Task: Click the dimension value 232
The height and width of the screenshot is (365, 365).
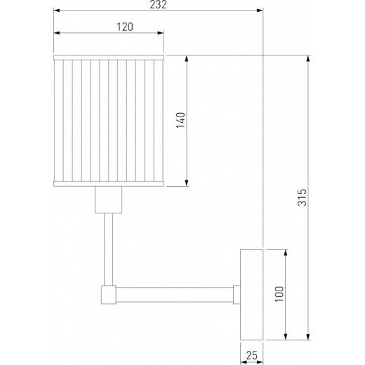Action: click(158, 5)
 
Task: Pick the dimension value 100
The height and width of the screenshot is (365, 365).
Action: click(279, 293)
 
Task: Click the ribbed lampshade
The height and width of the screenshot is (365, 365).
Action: click(109, 119)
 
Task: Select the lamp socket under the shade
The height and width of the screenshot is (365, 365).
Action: click(109, 201)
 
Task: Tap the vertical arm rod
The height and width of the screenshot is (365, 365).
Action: click(109, 249)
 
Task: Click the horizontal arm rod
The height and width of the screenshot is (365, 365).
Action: click(175, 293)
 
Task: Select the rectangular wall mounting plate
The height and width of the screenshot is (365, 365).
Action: click(251, 293)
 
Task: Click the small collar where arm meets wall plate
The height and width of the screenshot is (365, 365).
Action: click(237, 293)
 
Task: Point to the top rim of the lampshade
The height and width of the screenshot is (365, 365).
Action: click(109, 54)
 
